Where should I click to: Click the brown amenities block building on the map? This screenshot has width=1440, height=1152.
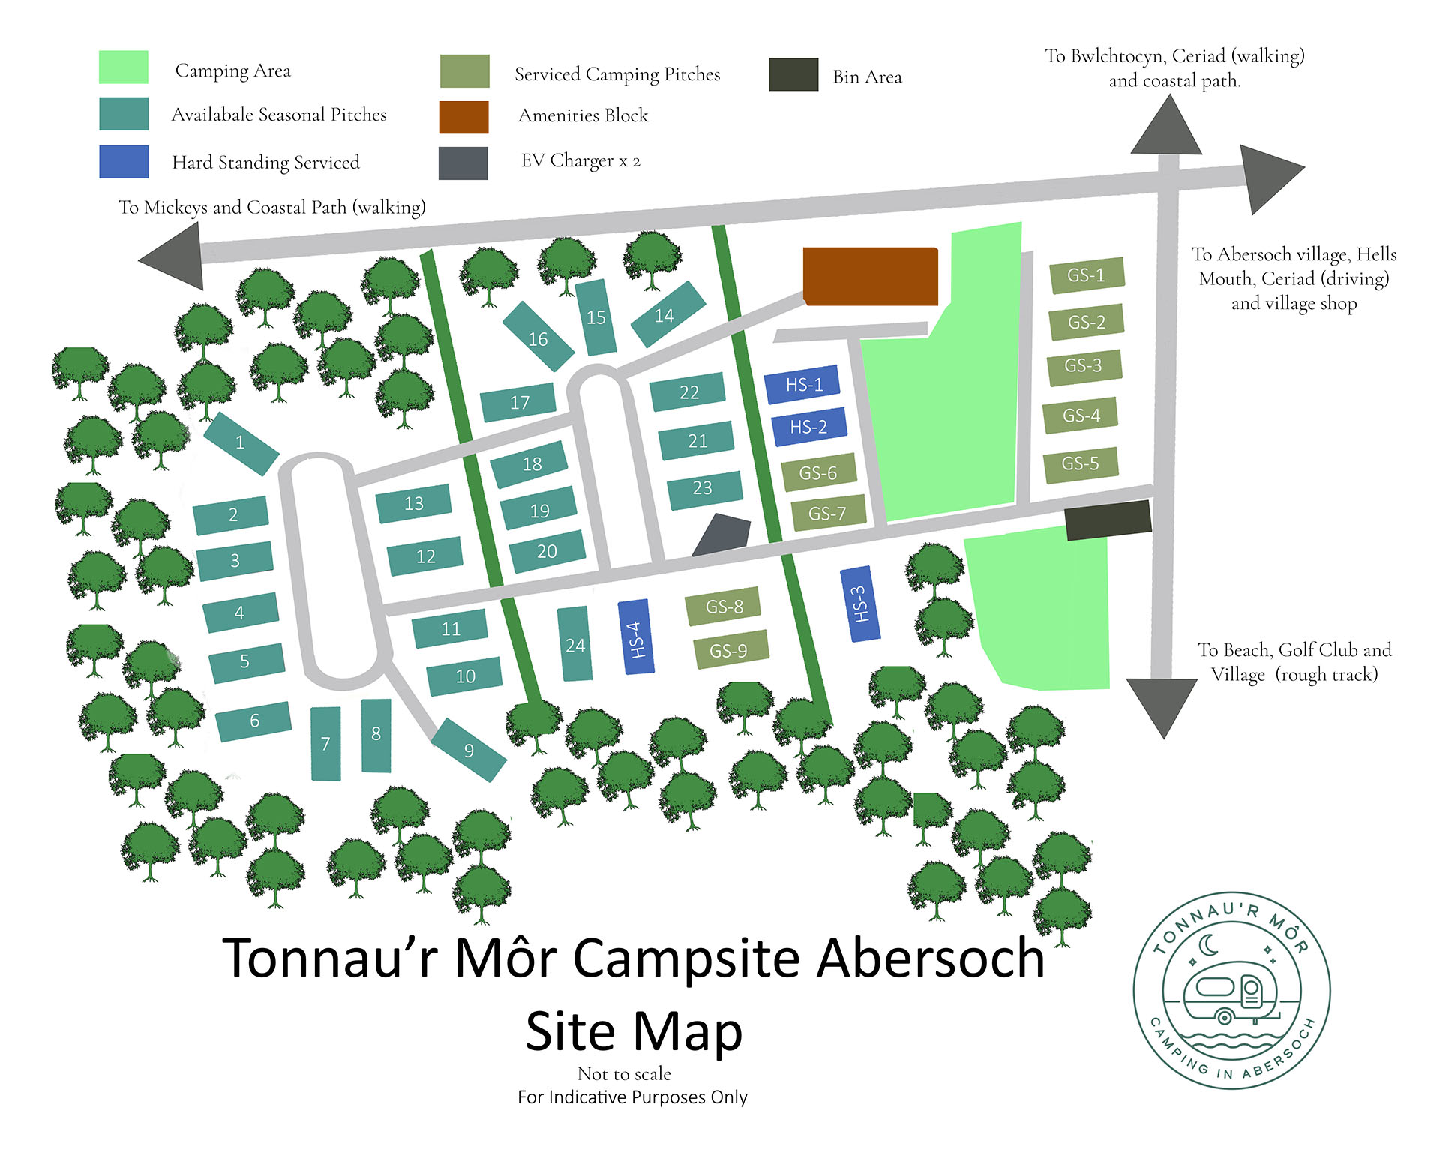coord(870,276)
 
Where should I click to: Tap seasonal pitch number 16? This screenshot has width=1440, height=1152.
coord(537,337)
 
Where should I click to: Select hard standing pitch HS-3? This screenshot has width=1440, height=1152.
coord(859,604)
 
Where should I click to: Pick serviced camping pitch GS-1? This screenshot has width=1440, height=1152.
coord(1085,275)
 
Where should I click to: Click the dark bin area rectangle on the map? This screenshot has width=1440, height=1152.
coord(1108,520)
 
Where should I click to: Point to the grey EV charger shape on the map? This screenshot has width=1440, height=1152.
coord(722,535)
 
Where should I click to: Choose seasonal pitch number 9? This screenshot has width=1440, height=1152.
coord(469,749)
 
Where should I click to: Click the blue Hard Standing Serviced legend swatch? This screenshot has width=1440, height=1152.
coord(124,161)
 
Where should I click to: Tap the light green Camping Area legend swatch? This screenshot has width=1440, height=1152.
coord(124,67)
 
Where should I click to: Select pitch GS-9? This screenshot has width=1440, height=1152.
coord(729,649)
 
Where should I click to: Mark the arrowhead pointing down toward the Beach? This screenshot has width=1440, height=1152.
coord(1162,705)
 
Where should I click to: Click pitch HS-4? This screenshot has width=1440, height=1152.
coord(635,637)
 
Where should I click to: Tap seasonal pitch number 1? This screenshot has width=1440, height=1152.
coord(241,442)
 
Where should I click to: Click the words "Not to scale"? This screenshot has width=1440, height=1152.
coord(624,1073)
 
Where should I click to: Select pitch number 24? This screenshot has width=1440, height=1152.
coord(574,645)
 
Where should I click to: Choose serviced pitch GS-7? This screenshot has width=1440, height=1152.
coord(828,514)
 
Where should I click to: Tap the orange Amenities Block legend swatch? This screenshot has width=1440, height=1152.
coord(463,117)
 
